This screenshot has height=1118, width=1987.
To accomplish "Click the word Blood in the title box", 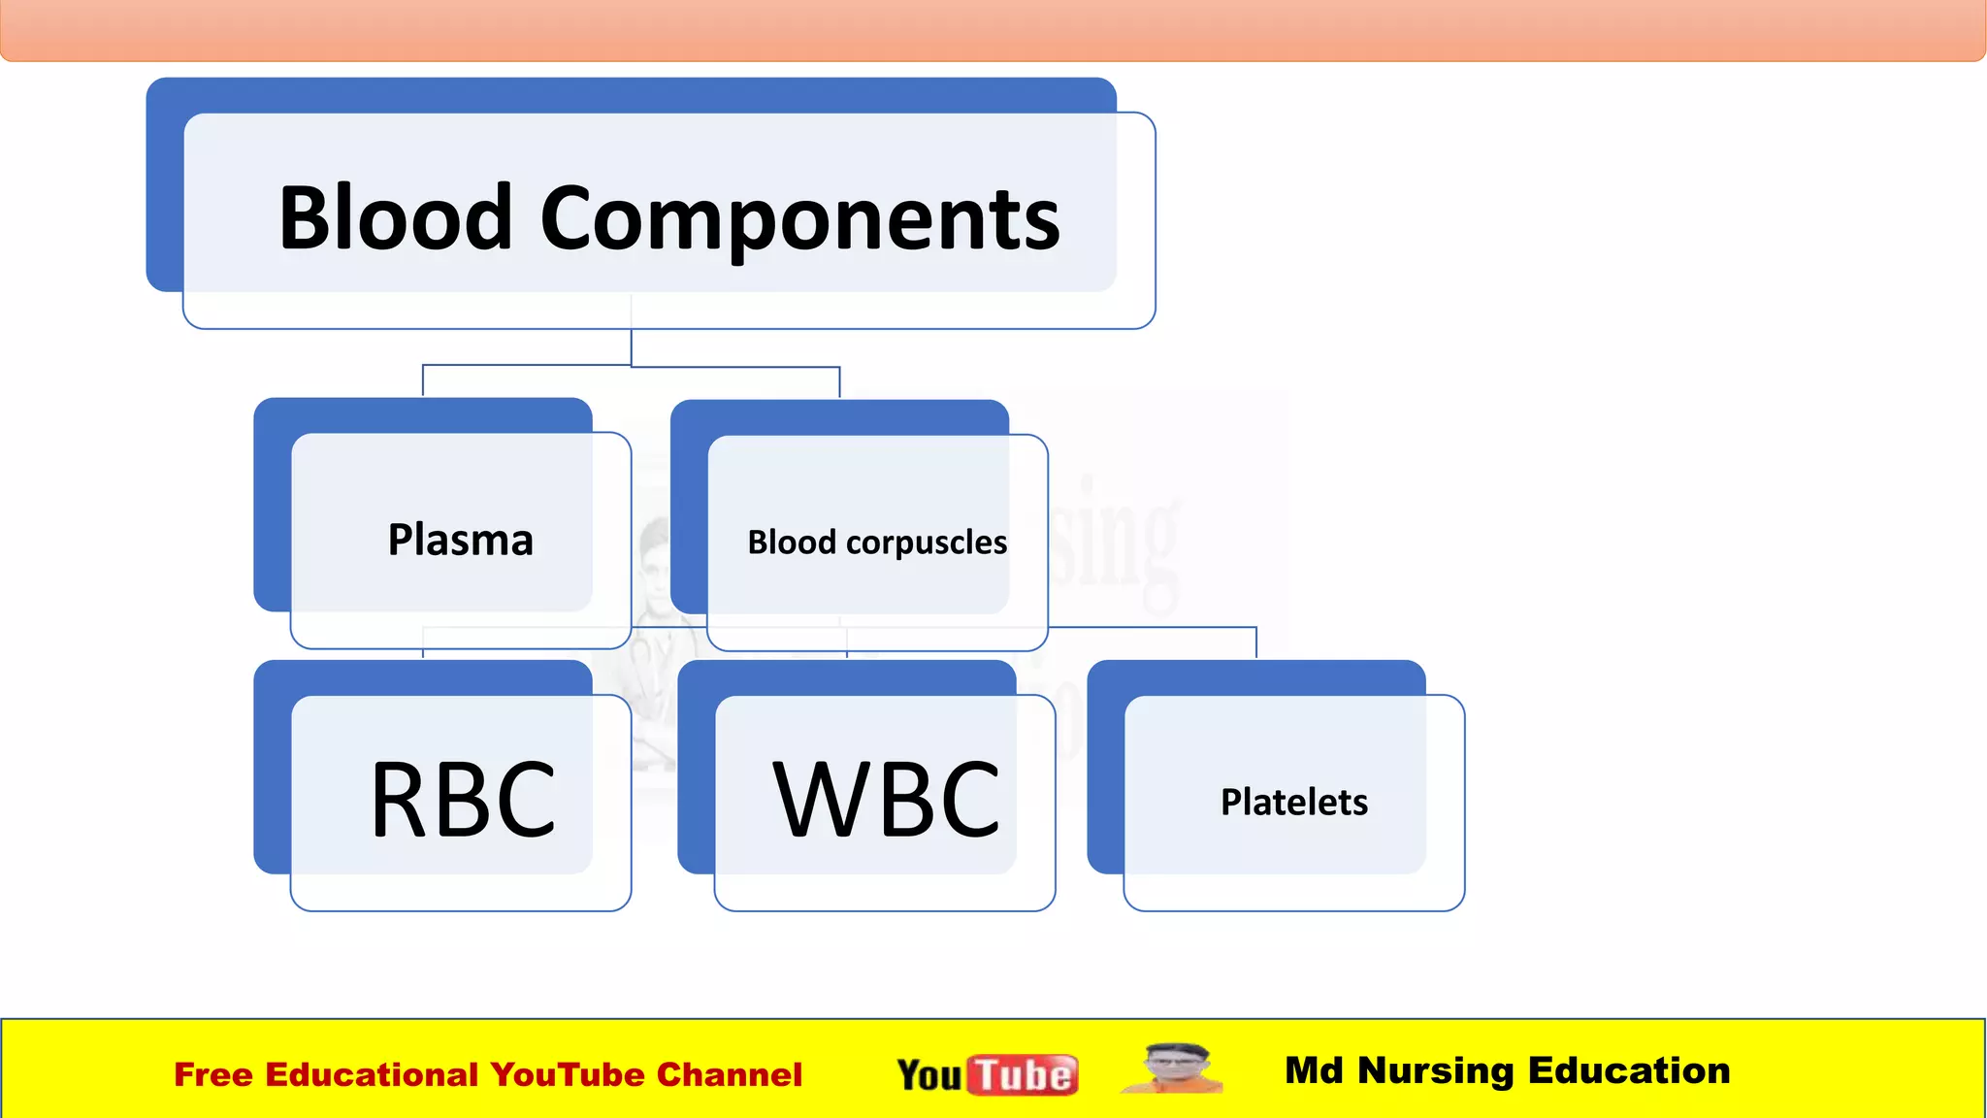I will (x=394, y=218).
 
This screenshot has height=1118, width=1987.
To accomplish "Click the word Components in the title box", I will (x=799, y=221).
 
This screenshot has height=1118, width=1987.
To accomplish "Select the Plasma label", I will (x=460, y=540).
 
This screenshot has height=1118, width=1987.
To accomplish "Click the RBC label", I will (x=463, y=800).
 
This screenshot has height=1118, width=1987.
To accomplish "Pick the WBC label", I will (x=886, y=800).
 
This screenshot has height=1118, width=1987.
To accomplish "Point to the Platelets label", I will (x=1293, y=803).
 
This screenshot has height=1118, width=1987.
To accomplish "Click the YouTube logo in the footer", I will (x=987, y=1074).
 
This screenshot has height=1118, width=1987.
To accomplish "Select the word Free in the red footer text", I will (x=212, y=1074).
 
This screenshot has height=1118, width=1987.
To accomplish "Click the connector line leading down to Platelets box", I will (x=1255, y=642).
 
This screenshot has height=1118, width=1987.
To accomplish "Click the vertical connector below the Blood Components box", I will (x=632, y=346).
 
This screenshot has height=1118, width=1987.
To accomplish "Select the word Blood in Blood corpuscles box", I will (x=791, y=542).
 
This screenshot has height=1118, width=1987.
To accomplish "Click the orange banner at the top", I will (x=993, y=29).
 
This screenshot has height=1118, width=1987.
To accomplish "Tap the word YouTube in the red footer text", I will (x=567, y=1074).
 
